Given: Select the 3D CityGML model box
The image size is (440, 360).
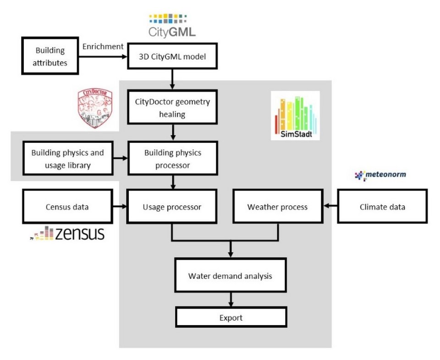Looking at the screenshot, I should coord(172,57).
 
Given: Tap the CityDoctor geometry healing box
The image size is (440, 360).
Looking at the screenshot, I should coord(172,108).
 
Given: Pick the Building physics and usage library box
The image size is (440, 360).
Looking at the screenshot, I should coord(67,158).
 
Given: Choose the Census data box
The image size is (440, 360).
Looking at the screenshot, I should coord(67,207).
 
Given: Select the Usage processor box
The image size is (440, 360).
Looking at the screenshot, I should coord(172,207).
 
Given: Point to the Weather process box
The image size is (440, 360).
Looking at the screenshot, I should coord(277,207).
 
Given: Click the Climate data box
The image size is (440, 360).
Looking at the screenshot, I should coord(383,207).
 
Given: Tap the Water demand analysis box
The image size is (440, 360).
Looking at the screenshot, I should coord(230,276).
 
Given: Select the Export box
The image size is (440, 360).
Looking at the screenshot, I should coord(231,317).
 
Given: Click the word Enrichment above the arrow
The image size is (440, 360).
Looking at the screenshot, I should coord(103,47).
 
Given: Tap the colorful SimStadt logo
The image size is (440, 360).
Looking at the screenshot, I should coord(295,115).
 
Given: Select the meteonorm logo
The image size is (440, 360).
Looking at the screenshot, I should coord(380,175).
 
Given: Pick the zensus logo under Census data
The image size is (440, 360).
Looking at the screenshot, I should coord(67,234).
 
